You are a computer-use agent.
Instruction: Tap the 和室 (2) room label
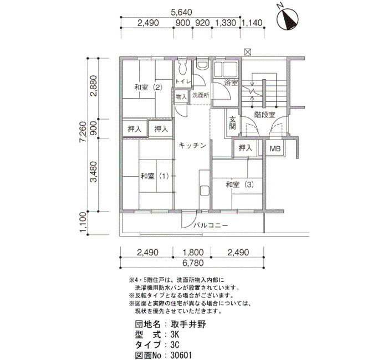click(x=149, y=88)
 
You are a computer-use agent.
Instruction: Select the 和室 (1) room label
click(x=155, y=176)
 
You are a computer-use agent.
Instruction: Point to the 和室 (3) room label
click(x=240, y=184)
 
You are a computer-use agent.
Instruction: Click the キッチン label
click(x=192, y=145)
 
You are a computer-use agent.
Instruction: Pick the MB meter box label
click(x=275, y=148)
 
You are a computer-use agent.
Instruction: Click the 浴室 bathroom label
click(x=231, y=83)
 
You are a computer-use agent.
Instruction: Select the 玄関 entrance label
click(x=233, y=122)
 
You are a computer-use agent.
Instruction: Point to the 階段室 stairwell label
click(x=265, y=115)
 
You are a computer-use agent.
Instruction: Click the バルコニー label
click(x=211, y=225)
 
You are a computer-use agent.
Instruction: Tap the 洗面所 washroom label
click(x=201, y=95)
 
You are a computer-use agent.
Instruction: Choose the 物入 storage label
click(x=181, y=97)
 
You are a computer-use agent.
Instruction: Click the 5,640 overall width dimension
click(x=181, y=12)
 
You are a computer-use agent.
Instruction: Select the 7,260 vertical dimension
click(x=83, y=132)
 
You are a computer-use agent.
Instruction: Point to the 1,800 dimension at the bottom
click(x=193, y=253)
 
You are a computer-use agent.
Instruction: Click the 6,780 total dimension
click(x=193, y=263)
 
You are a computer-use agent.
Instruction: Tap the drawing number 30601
click(x=181, y=356)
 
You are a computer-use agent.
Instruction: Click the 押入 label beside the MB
click(x=245, y=148)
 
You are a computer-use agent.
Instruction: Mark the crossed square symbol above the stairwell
click(x=248, y=52)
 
